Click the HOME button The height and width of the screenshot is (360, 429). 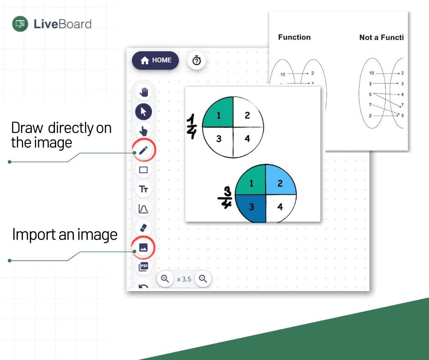pyautogui.click(x=156, y=60)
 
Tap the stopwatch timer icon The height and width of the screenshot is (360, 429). pyautogui.click(x=197, y=61)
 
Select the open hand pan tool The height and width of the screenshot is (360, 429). pyautogui.click(x=144, y=92)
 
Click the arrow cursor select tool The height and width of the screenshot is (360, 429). pyautogui.click(x=144, y=111)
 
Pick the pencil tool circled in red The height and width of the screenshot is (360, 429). pyautogui.click(x=143, y=150)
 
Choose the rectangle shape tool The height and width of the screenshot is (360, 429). pyautogui.click(x=143, y=170)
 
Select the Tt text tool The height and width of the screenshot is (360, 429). pyautogui.click(x=143, y=189)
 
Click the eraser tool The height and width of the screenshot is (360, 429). pyautogui.click(x=143, y=228)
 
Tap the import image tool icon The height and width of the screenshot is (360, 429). pyautogui.click(x=143, y=247)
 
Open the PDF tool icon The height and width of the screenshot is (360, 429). pyautogui.click(x=143, y=267)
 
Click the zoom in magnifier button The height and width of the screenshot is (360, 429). pyautogui.click(x=165, y=278)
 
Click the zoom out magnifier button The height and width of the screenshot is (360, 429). pyautogui.click(x=203, y=278)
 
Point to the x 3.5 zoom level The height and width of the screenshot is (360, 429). pyautogui.click(x=184, y=279)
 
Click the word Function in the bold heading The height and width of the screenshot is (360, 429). pyautogui.click(x=294, y=37)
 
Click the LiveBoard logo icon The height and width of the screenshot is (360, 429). pyautogui.click(x=20, y=24)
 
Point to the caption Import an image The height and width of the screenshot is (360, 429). pyautogui.click(x=64, y=235)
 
